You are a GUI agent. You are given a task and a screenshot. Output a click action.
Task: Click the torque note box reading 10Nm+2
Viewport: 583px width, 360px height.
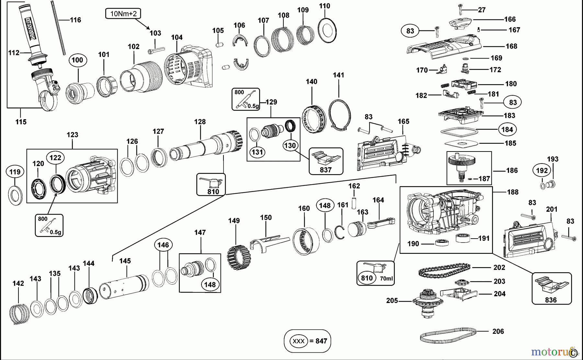pyautogui.click(x=123, y=14)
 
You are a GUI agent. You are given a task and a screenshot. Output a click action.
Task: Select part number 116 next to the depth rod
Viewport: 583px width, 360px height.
pyautogui.click(x=75, y=20)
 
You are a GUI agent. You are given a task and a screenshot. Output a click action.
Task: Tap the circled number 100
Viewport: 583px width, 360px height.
pyautogui.click(x=77, y=60)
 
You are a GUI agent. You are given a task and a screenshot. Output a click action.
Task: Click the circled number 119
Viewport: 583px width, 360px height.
pyautogui.click(x=15, y=172)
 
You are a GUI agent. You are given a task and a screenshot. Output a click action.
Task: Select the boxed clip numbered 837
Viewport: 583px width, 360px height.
pyautogui.click(x=326, y=161)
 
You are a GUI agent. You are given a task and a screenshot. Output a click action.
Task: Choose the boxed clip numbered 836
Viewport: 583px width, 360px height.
pyautogui.click(x=551, y=288)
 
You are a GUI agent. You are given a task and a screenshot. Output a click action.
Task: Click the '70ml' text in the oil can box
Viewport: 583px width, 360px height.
pyautogui.click(x=386, y=278)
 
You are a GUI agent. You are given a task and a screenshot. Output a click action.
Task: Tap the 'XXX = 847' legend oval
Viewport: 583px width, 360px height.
pyautogui.click(x=307, y=341)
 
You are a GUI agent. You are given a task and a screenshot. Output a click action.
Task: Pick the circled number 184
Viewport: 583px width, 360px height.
pyautogui.click(x=507, y=129)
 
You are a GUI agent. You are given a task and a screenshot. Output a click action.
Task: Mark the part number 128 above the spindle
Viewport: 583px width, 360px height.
pyautogui.click(x=200, y=122)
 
